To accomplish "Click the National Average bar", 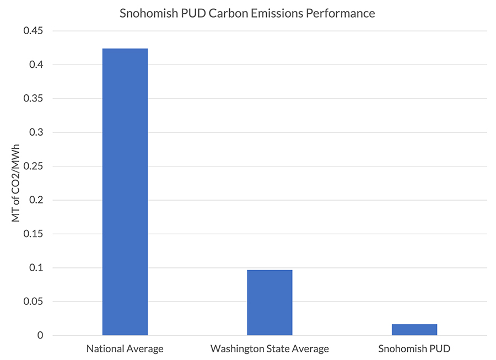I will (x=125, y=192).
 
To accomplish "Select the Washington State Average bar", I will (x=269, y=303).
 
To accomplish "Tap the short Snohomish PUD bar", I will (x=414, y=330).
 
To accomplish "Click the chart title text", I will (x=247, y=13).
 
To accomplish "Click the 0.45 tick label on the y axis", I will (x=32, y=31).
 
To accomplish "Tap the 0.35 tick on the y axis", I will (x=32, y=99).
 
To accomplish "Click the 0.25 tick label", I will (x=32, y=166).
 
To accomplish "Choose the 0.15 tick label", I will (x=32, y=234).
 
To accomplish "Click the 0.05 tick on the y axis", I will (x=32, y=302).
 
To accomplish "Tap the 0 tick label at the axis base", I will (x=40, y=335).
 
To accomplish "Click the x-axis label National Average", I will (x=125, y=349).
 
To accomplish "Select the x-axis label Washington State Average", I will (x=269, y=349).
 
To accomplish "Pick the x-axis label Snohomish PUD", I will (x=414, y=349).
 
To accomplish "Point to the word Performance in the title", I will (x=341, y=13).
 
